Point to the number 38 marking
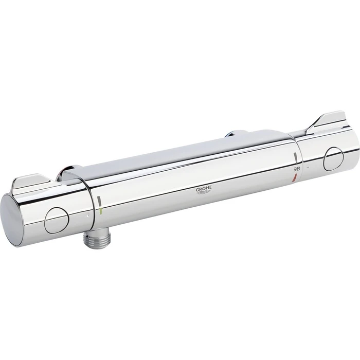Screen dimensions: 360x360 296,167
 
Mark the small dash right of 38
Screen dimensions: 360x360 307,168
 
